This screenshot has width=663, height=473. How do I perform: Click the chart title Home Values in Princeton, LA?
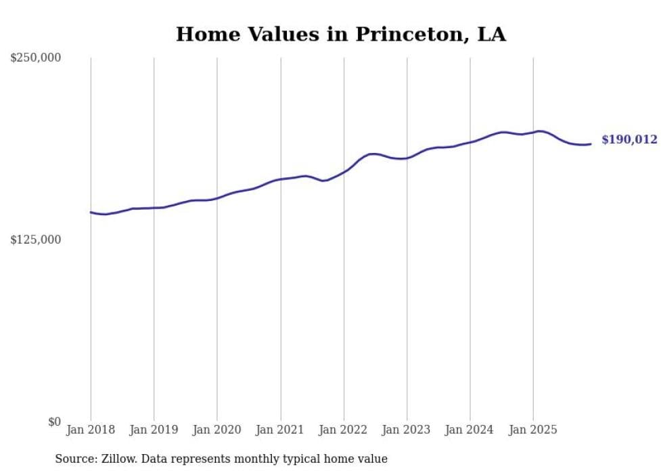[340, 34]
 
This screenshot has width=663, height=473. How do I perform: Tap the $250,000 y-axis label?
[35, 58]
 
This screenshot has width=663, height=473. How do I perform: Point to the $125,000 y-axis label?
[35, 240]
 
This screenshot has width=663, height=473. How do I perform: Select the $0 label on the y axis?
[54, 422]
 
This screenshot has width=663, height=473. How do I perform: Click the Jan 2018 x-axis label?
[91, 430]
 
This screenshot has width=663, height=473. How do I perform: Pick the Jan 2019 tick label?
[154, 430]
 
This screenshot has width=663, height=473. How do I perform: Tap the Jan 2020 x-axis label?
[217, 430]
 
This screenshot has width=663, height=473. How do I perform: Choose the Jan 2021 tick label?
[280, 430]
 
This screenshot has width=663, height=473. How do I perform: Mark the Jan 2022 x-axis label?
[344, 430]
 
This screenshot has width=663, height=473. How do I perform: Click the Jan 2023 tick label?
[407, 430]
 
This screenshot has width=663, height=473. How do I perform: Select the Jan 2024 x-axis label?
[470, 430]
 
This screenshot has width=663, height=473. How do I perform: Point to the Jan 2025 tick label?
[533, 430]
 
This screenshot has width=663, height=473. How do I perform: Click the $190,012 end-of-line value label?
[629, 140]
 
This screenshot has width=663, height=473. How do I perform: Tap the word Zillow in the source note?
[118, 459]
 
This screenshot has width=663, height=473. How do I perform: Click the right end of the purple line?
[591, 143]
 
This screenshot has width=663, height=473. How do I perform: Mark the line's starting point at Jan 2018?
[91, 212]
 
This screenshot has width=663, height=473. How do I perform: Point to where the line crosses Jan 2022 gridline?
[344, 171]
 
